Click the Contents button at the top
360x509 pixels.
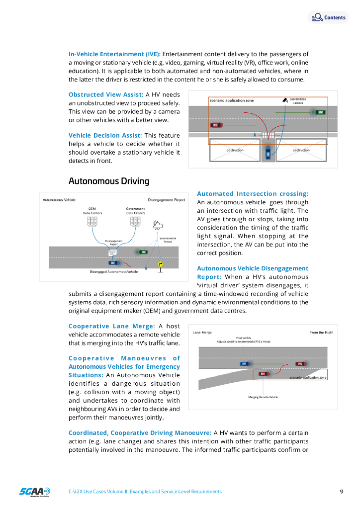tap(328, 17)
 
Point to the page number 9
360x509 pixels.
tap(342, 492)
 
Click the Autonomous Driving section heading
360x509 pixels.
tap(108, 181)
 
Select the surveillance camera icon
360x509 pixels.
tap(284, 100)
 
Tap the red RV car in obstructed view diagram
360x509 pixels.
tap(216, 125)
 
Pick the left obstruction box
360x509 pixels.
tap(235, 150)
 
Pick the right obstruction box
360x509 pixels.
tap(301, 150)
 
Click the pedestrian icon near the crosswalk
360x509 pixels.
tap(255, 134)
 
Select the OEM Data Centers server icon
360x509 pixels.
tap(92, 221)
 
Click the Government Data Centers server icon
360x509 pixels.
tap(135, 221)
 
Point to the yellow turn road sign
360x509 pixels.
tap(160, 264)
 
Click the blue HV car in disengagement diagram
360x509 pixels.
tap(113, 262)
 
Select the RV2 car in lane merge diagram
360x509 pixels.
tap(300, 364)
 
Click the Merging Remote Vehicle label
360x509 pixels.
tap(263, 397)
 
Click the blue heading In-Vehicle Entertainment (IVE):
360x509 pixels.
tap(114, 54)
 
